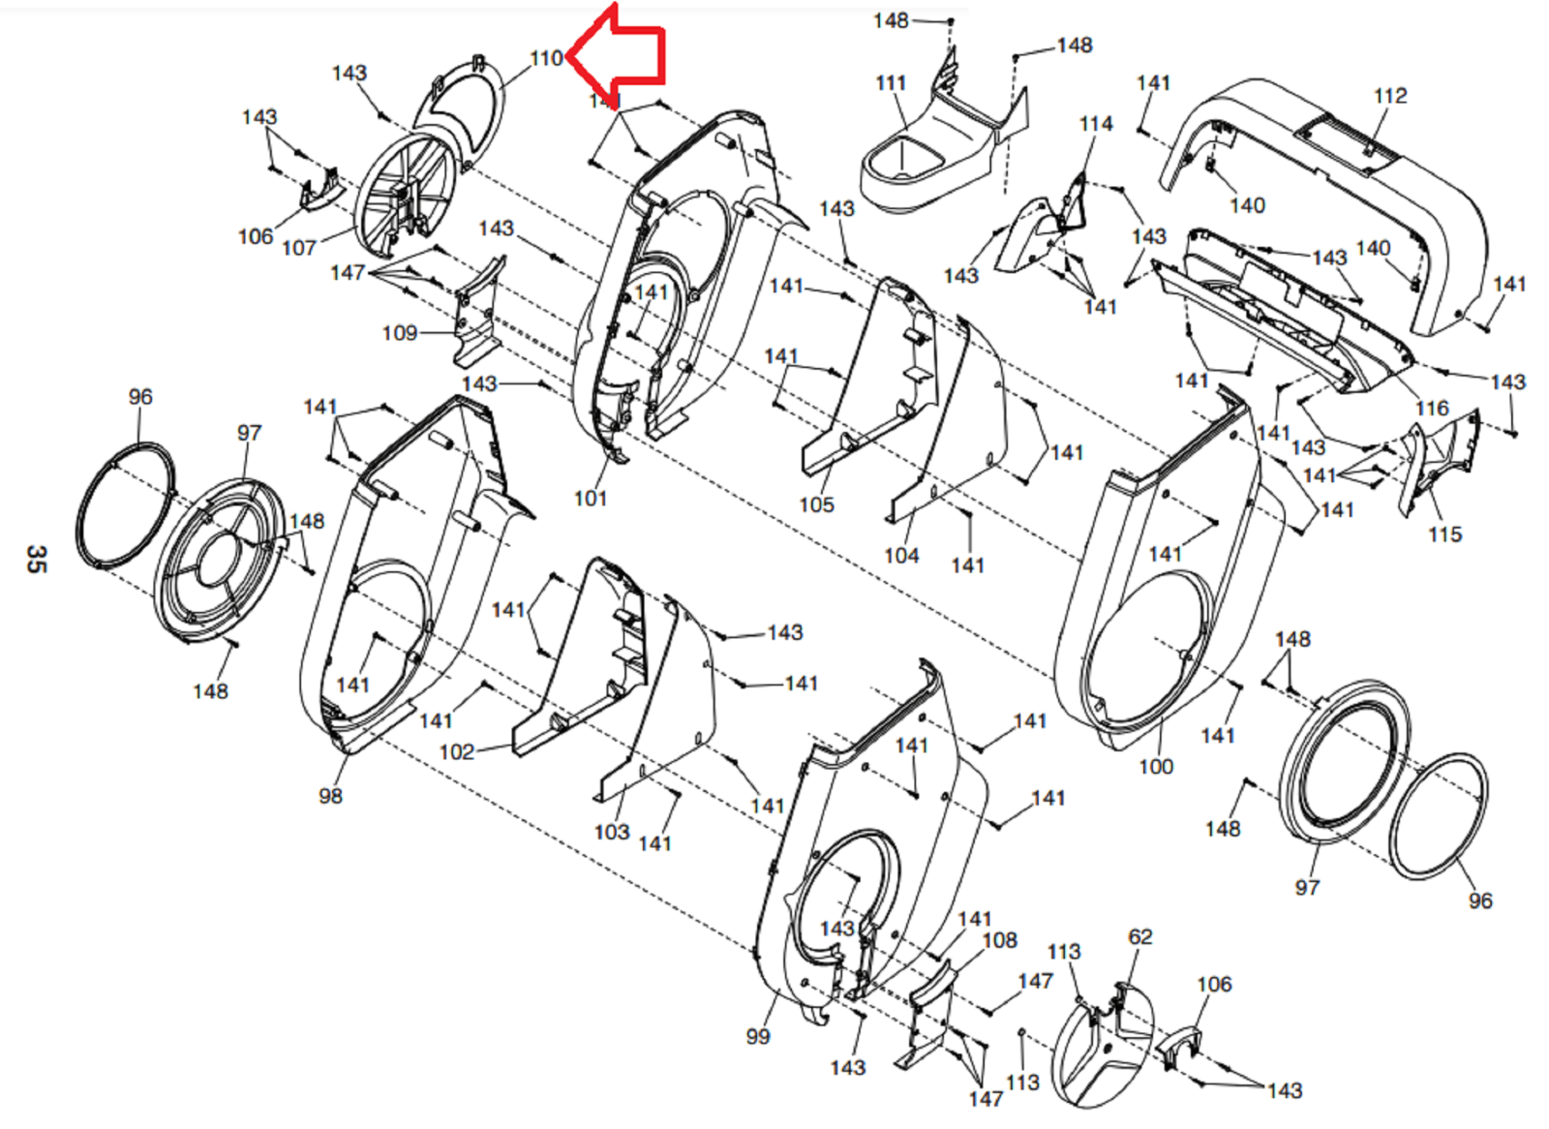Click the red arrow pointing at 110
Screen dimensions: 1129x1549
(x=624, y=53)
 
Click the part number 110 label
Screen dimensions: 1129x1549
(x=546, y=59)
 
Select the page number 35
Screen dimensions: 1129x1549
(x=36, y=559)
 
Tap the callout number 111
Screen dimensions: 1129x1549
(x=890, y=84)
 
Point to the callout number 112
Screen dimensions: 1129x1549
(x=1389, y=96)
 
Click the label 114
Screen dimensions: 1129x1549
(x=1095, y=124)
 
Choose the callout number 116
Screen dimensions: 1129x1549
(x=1432, y=409)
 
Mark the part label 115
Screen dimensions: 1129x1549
(x=1444, y=534)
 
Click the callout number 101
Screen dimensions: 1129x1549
(x=590, y=499)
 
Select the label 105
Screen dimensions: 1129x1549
(x=816, y=504)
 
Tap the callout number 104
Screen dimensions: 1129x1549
(x=901, y=556)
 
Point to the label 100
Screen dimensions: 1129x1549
(x=1155, y=767)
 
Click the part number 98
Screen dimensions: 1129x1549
(x=330, y=796)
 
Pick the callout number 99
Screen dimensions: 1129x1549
(x=758, y=1037)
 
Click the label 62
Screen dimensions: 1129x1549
(x=1139, y=937)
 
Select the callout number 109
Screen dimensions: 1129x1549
(x=399, y=334)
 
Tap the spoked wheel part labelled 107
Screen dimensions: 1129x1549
(x=405, y=194)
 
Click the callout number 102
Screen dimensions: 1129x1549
(x=456, y=752)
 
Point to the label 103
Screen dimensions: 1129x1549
(x=611, y=833)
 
